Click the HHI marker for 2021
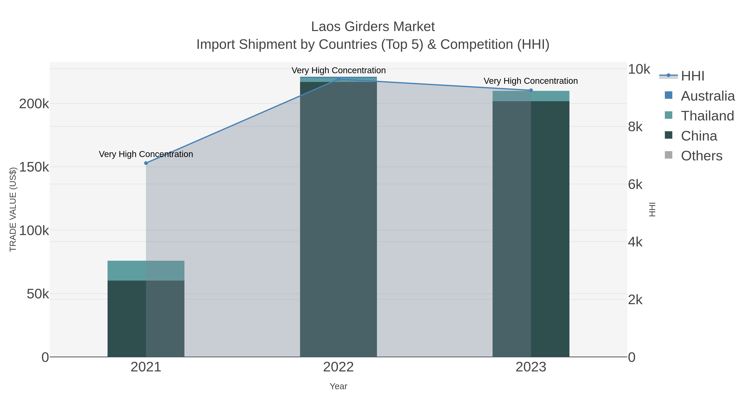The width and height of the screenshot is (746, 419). coord(146,163)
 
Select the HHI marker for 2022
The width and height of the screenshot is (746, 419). coord(338,79)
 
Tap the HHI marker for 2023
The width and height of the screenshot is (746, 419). coord(531,90)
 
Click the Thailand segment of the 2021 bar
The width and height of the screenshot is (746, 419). coord(146,270)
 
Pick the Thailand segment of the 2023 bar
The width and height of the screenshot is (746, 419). coord(531,96)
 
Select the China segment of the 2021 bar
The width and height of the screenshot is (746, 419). coord(146,318)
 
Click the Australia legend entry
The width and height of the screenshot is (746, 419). coord(707,96)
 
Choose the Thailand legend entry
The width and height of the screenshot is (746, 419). coord(707,116)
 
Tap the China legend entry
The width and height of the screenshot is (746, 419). coord(699,136)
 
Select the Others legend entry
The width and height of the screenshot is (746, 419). coord(701,156)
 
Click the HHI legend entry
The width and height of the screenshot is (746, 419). coord(692,76)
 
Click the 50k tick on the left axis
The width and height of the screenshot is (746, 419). coord(38,294)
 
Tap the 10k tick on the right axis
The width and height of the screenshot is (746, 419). coord(639,69)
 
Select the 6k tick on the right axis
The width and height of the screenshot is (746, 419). coord(635,185)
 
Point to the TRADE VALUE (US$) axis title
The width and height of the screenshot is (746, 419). coord(13,209)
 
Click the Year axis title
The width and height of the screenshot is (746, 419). coord(338,386)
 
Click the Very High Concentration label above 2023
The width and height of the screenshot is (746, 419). coord(530,81)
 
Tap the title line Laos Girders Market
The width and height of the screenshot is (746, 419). coord(373,27)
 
